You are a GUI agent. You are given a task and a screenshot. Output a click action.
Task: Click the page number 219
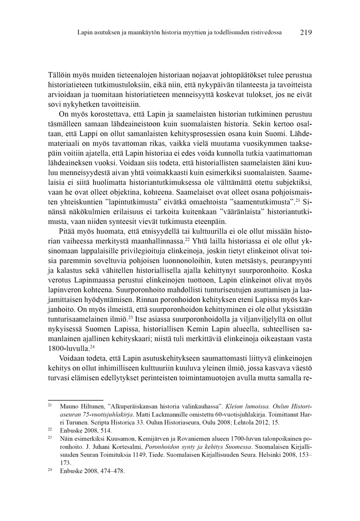pyautogui.click(x=305, y=32)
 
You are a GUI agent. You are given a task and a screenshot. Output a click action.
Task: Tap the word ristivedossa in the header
pyautogui.click(x=264, y=32)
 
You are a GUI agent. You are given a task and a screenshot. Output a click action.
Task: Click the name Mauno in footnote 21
pyautogui.click(x=70, y=407)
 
